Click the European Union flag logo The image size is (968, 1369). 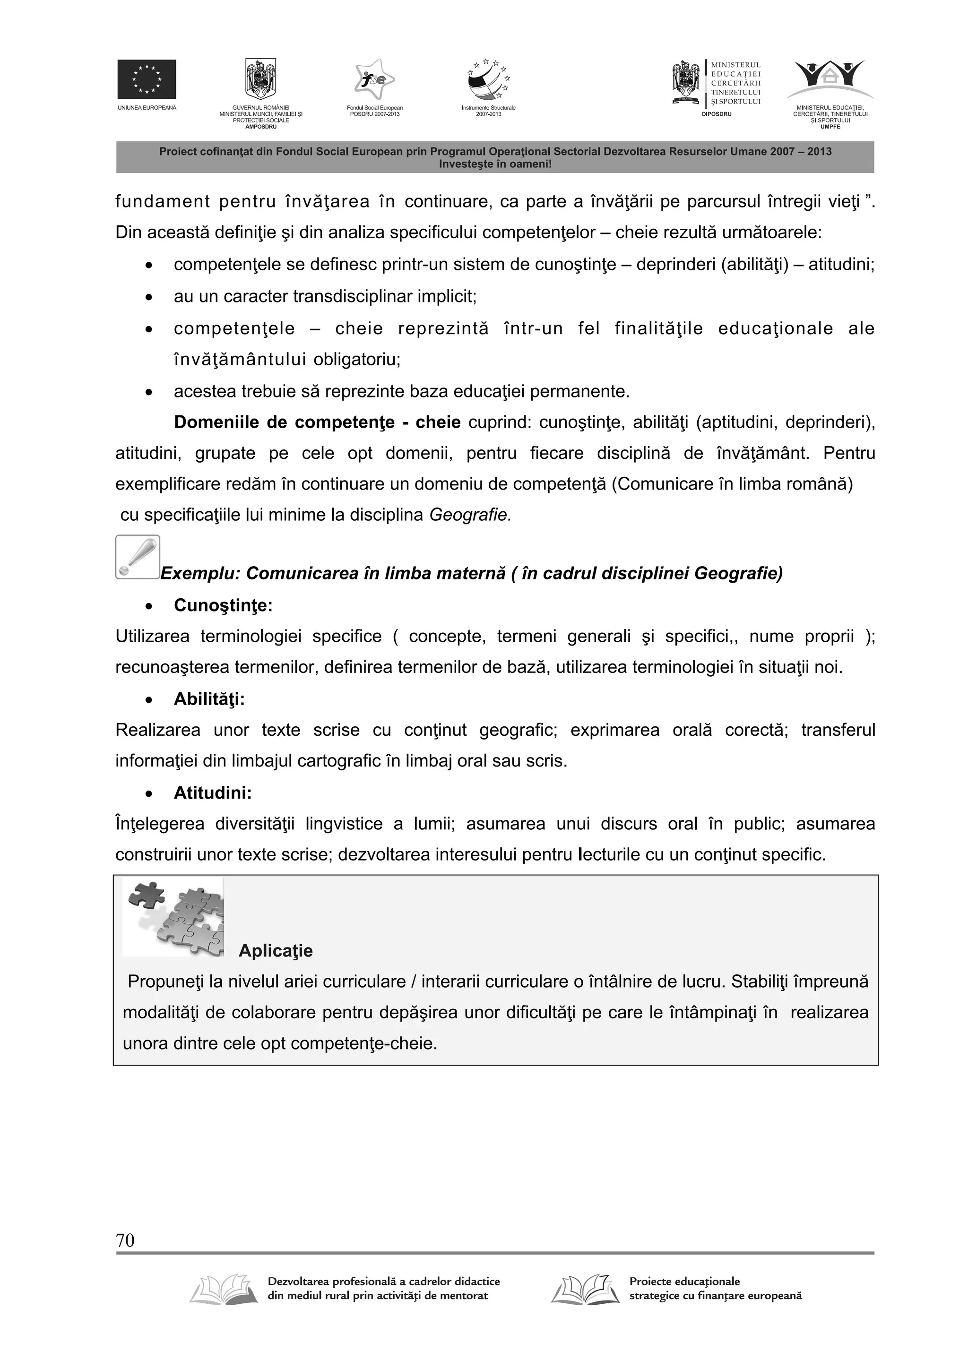pos(146,79)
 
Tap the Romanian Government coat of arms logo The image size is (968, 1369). pos(260,79)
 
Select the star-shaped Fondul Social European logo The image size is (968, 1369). pos(374,80)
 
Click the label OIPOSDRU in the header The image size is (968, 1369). pos(716,114)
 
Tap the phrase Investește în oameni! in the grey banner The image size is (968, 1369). pos(495,164)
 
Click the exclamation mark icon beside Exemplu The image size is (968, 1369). pos(138,557)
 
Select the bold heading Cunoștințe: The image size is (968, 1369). pos(223,606)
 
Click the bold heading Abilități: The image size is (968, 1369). pos(209,699)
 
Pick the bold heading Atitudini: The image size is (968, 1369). pos(213,793)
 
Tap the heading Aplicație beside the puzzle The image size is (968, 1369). pos(275,950)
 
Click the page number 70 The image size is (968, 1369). pos(125,1241)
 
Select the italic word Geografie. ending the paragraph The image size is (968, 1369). pos(470,515)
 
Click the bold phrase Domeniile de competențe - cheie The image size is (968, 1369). pos(317,423)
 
